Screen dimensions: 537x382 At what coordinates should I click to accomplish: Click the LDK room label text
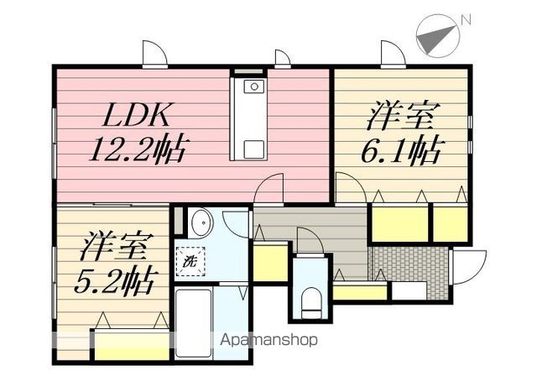[136, 115]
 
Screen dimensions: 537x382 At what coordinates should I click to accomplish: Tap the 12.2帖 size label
[137, 149]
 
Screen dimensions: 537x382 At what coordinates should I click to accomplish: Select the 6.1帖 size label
[401, 152]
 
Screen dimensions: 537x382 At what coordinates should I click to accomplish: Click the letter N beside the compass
[466, 20]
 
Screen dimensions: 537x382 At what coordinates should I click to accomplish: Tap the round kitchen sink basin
[253, 86]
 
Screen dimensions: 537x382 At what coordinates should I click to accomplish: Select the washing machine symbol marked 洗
[190, 262]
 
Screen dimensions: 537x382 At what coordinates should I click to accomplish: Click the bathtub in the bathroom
[193, 323]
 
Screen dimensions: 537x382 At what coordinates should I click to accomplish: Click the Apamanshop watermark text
[268, 340]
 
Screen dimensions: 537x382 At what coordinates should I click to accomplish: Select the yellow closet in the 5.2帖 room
[133, 346]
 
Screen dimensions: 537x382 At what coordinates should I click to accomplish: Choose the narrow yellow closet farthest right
[450, 224]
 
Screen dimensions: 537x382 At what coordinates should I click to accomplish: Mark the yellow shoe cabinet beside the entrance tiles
[360, 293]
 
